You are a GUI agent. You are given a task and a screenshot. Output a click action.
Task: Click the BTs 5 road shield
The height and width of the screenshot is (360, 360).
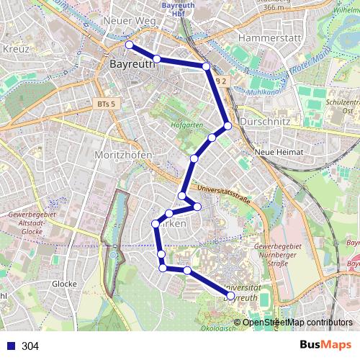coord(106,104)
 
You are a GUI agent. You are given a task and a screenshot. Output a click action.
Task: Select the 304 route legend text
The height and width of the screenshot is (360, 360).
coord(31,346)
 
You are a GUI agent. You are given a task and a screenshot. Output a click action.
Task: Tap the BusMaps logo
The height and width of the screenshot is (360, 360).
coord(323,346)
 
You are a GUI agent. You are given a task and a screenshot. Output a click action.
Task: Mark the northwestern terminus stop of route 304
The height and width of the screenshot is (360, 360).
coord(130,45)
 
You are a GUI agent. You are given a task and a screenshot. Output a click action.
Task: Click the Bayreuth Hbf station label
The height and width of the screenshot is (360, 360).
coord(175,9)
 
